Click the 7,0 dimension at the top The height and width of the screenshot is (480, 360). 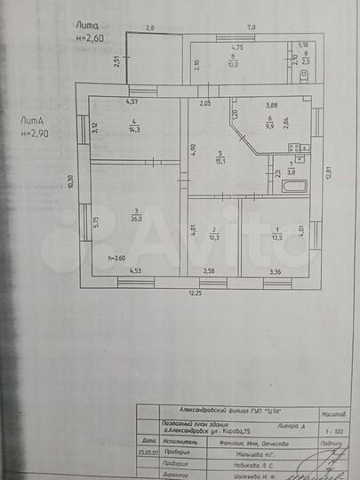(x=252, y=28)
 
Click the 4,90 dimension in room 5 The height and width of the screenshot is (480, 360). (x=192, y=148)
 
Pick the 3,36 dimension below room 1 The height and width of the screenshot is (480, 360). (x=275, y=271)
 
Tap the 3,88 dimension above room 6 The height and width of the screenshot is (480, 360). (x=272, y=104)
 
